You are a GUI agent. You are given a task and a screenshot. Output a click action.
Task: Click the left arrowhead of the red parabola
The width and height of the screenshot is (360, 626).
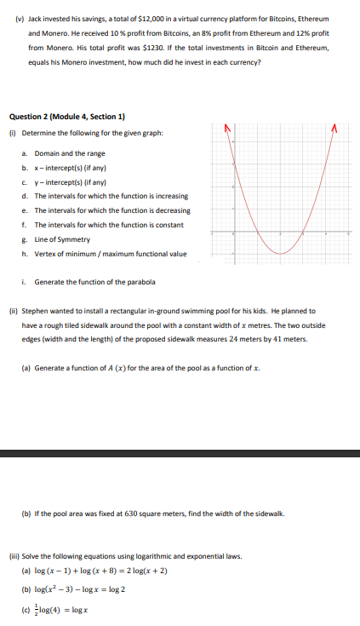coord(227,129)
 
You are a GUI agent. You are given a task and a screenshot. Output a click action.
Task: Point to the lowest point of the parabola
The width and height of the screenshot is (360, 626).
coord(281,253)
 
